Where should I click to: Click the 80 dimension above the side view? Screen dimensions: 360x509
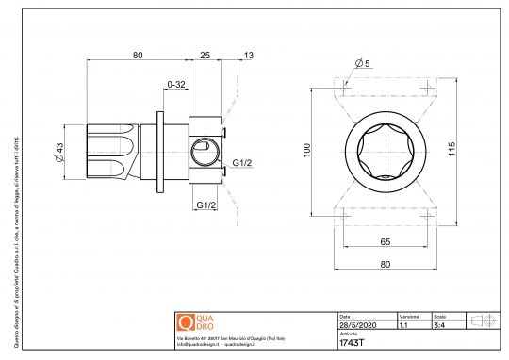(x=138, y=56)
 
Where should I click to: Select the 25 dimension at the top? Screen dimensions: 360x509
(x=205, y=56)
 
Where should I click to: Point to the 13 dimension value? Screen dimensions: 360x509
(x=248, y=56)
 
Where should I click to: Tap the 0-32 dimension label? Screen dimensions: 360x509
(x=174, y=85)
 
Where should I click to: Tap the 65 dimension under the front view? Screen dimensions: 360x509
(x=385, y=242)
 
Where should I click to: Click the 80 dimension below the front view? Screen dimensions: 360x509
(x=385, y=265)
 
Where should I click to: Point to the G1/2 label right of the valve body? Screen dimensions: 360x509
(x=241, y=162)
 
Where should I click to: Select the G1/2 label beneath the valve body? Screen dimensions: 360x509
(x=207, y=205)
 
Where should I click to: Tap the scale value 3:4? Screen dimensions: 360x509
(x=438, y=325)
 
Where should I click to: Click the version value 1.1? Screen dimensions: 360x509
(x=403, y=325)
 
